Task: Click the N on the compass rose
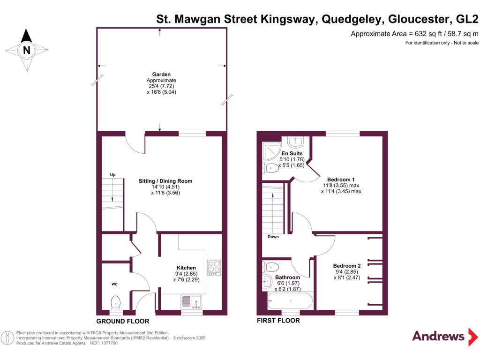pyautogui.click(x=27, y=50)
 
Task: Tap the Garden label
pyautogui.click(x=161, y=75)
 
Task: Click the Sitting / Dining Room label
pyautogui.click(x=165, y=181)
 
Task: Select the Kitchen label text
pyautogui.click(x=186, y=268)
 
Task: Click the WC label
pyautogui.click(x=114, y=284)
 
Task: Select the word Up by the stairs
pyautogui.click(x=112, y=175)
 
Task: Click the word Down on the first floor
pyautogui.click(x=273, y=237)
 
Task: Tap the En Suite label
pyautogui.click(x=292, y=153)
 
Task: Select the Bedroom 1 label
pyautogui.click(x=341, y=180)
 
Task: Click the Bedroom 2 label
pyautogui.click(x=347, y=266)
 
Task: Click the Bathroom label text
pyautogui.click(x=287, y=277)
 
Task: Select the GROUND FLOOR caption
pyautogui.click(x=123, y=321)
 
